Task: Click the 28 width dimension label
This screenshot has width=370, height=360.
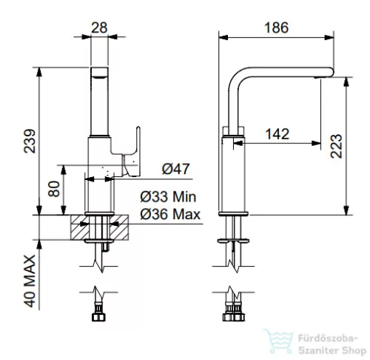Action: (x=99, y=27)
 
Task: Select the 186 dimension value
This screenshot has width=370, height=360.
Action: (x=276, y=27)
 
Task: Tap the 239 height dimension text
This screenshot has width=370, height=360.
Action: (x=30, y=141)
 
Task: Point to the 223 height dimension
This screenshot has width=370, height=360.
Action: (x=337, y=146)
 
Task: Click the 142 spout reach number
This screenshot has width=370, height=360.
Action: (x=277, y=134)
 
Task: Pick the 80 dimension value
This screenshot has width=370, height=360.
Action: (x=54, y=189)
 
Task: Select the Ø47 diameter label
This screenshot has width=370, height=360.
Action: (x=175, y=169)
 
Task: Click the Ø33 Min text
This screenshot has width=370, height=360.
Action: (x=168, y=197)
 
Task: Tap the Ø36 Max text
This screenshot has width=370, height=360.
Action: (x=170, y=214)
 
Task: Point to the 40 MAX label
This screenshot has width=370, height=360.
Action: (x=30, y=281)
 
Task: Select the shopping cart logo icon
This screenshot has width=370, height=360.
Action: (x=279, y=341)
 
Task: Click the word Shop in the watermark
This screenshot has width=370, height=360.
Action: (x=354, y=350)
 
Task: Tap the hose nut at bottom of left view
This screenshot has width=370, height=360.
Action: (x=98, y=317)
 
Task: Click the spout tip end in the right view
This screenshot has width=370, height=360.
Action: (x=332, y=72)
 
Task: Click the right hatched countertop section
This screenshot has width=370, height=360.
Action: (x=119, y=227)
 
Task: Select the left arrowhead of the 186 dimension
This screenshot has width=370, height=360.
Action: (x=223, y=38)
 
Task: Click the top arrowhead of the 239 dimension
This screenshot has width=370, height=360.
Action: (x=39, y=73)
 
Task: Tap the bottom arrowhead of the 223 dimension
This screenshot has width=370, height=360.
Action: (x=346, y=210)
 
